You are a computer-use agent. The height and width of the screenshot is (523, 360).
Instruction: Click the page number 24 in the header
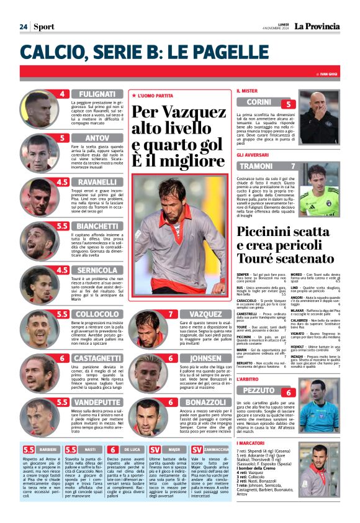[x=23, y=27]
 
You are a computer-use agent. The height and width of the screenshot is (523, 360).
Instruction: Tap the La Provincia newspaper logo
[x=317, y=27]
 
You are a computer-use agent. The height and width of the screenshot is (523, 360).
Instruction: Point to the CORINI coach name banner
[x=259, y=102]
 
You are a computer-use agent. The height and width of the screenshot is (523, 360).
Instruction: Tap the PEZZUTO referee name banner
[x=259, y=390]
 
